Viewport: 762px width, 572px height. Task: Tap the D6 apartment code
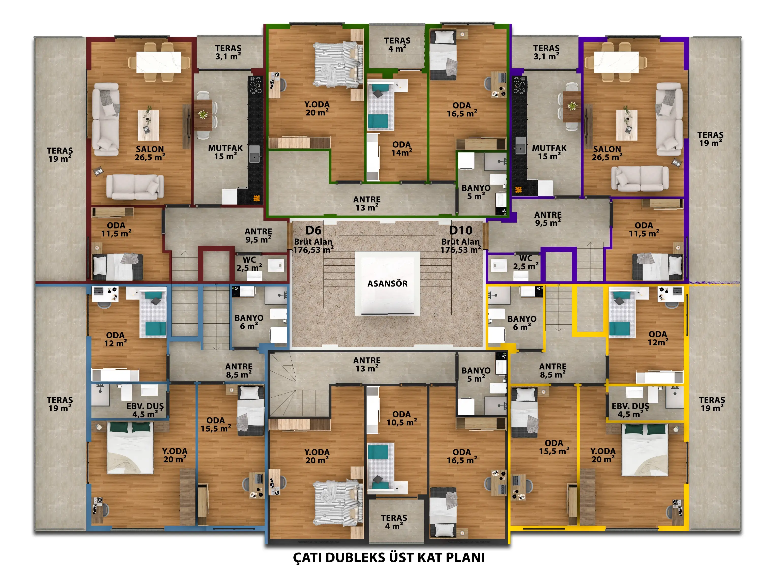[x=313, y=230]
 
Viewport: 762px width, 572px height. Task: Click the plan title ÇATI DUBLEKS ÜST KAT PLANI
[x=389, y=558]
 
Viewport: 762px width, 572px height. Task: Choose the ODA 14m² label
[x=402, y=149]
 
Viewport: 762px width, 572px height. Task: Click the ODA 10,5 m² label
[x=402, y=418]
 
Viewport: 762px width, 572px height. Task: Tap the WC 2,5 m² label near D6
[x=249, y=264]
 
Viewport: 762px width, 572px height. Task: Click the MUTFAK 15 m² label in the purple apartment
[x=549, y=152]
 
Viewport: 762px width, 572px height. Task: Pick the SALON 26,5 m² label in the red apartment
[x=150, y=153]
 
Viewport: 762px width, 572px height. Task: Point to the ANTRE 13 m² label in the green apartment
[x=367, y=203]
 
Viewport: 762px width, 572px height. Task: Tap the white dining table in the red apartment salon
[x=159, y=62]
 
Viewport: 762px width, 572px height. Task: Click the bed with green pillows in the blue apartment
[x=130, y=447]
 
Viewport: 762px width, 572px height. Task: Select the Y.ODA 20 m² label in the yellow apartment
[x=603, y=455]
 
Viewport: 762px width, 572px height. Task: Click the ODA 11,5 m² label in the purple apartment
[x=644, y=229]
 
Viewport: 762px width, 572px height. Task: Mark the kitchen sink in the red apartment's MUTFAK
[x=254, y=154]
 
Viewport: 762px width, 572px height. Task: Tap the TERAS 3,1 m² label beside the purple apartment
[x=546, y=52]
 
